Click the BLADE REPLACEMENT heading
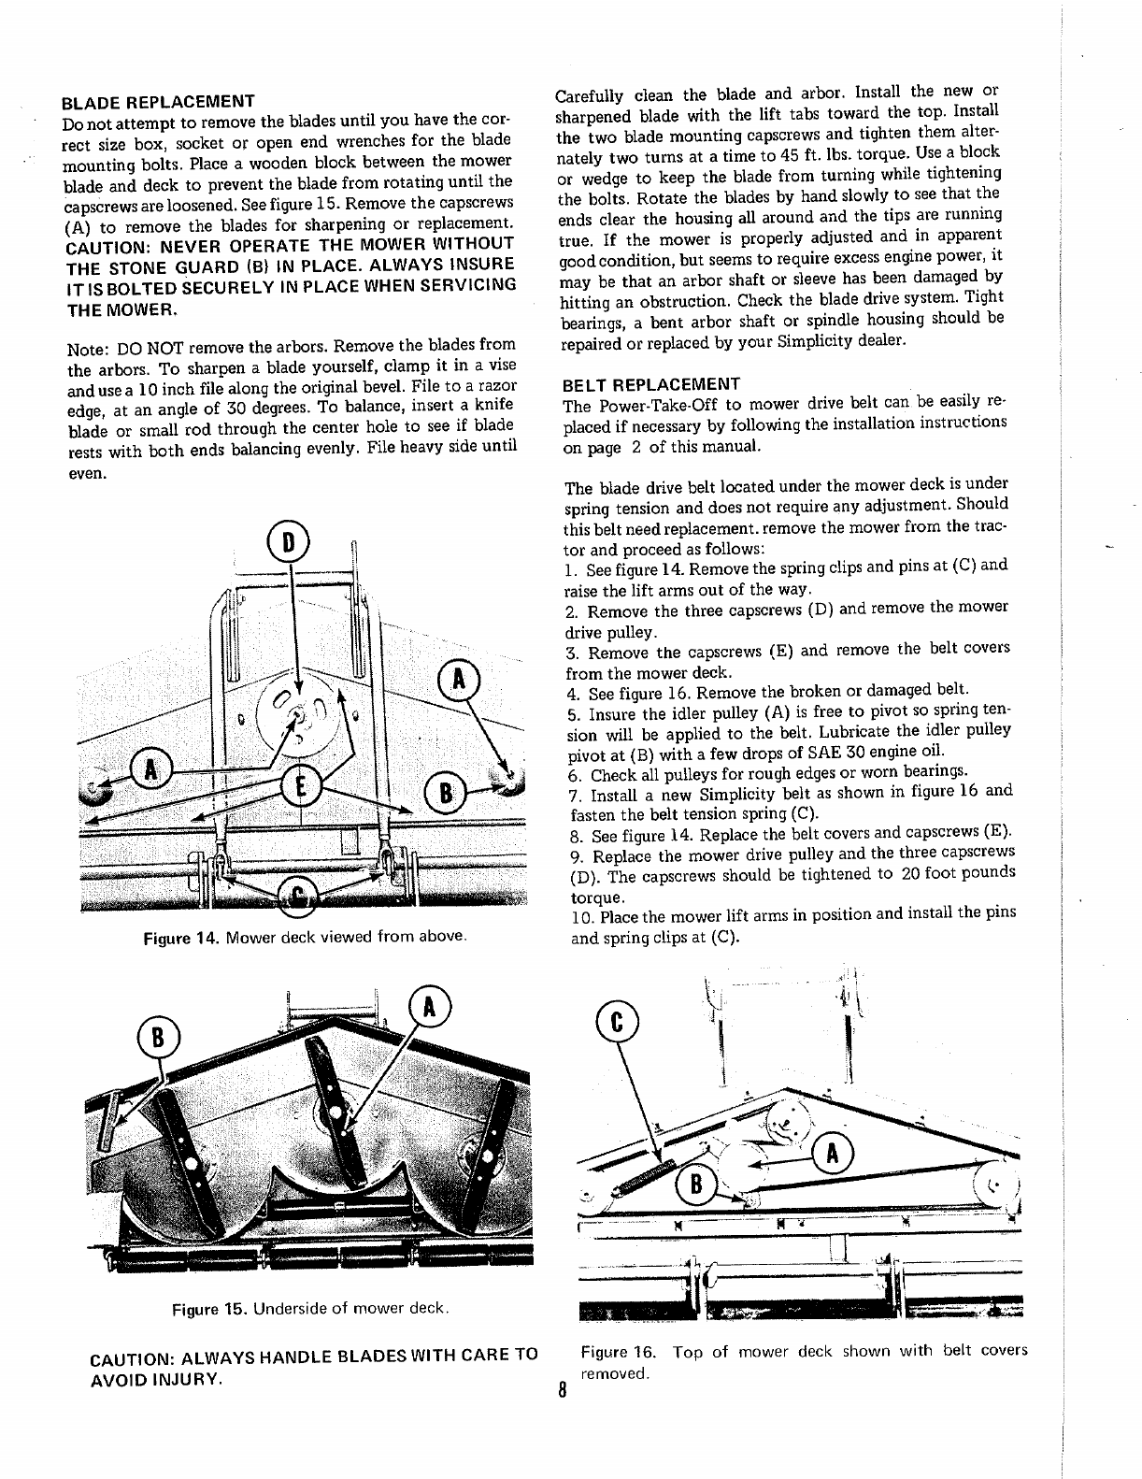click(x=158, y=101)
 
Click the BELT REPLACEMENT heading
click(x=650, y=384)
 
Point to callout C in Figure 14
click(x=297, y=898)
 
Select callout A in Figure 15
click(x=429, y=1007)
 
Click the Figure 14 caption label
click(x=179, y=937)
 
